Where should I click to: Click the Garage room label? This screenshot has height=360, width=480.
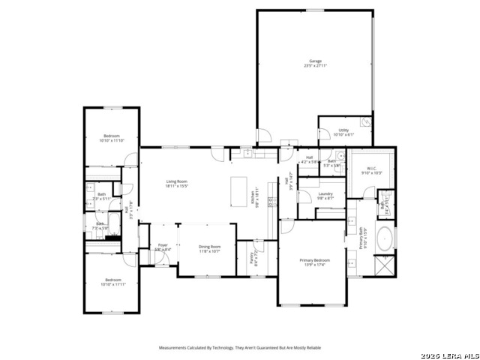point(315,61)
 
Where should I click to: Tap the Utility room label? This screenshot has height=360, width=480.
point(343,130)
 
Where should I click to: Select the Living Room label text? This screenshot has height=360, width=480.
point(177,181)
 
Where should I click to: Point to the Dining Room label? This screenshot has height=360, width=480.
point(209,247)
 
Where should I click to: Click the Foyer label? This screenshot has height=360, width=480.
point(163,245)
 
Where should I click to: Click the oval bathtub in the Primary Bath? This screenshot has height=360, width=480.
point(384,239)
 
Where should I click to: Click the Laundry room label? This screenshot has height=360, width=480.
point(325,194)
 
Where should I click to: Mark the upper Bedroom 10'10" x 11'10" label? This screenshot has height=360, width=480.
point(111,136)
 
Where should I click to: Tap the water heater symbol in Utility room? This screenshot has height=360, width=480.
point(365,122)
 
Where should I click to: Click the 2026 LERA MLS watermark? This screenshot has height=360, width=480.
point(449,354)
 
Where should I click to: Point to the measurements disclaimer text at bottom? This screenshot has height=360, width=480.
point(239,348)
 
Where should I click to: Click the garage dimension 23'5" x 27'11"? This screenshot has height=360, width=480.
point(315,66)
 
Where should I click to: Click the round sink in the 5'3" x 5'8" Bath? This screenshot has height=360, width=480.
point(339,157)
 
